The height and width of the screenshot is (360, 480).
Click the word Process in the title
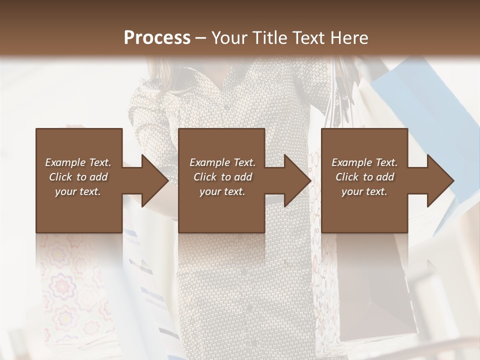click(x=157, y=38)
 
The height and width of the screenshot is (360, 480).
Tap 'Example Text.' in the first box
click(x=78, y=162)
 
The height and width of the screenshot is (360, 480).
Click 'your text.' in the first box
click(x=78, y=191)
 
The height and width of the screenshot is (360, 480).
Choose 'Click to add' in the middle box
click(x=222, y=177)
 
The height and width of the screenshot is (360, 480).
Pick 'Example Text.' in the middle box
click(x=222, y=162)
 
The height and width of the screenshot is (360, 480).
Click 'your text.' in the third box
click(x=364, y=191)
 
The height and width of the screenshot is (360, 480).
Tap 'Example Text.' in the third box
click(x=364, y=162)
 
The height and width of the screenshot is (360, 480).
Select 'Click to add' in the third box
click(x=364, y=177)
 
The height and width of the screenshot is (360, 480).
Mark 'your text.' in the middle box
click(x=222, y=191)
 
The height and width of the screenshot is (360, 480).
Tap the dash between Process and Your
click(x=201, y=38)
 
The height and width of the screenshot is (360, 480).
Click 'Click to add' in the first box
click(x=78, y=177)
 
